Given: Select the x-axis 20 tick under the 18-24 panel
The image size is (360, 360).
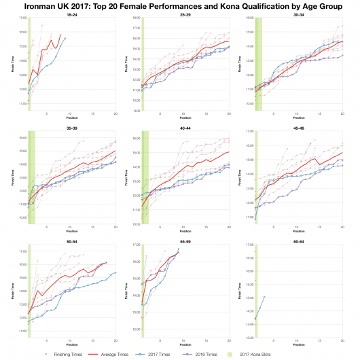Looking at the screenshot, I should (x=115, y=113).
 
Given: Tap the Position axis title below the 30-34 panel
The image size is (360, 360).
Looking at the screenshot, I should (x=298, y=118).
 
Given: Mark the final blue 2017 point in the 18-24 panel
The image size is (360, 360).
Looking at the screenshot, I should (x=65, y=39).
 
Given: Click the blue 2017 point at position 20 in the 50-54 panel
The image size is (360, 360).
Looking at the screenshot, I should (x=115, y=272).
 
